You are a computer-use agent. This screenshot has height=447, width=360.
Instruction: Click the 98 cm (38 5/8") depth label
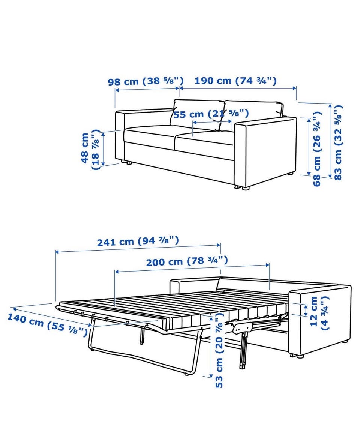coord(145,81)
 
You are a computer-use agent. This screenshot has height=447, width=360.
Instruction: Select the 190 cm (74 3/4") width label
coord(235,80)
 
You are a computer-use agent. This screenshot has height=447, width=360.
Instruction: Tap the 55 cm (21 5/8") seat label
coord(211,114)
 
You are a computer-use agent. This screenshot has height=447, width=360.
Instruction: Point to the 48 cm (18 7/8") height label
coord(91,149)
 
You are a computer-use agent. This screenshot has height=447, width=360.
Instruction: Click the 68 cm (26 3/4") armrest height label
coord(317,149)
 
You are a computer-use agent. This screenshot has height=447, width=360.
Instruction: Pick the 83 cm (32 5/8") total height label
coord(338,142)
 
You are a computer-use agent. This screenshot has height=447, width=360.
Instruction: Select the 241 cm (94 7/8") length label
coord(138,241)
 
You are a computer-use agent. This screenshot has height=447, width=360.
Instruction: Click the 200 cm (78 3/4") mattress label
coord(187,261)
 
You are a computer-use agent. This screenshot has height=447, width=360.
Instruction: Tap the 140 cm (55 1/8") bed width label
coord(47,324)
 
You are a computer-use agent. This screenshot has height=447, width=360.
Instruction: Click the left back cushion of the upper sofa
coord(196,114)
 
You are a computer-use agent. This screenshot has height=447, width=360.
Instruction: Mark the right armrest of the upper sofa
coord(265,151)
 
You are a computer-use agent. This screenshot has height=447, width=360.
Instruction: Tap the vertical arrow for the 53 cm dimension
coord(211,346)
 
